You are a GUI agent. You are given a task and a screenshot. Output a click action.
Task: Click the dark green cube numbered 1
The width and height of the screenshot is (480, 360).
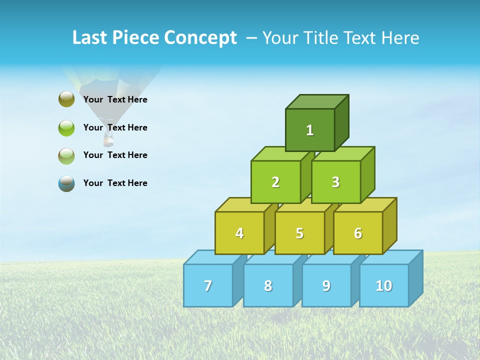(x=310, y=130)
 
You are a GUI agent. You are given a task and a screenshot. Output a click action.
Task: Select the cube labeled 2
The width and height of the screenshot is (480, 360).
(x=275, y=182)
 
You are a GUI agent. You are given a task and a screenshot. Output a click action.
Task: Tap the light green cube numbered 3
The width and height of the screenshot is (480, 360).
(x=335, y=182)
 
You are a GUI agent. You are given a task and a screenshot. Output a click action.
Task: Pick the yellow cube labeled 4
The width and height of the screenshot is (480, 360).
(x=239, y=233)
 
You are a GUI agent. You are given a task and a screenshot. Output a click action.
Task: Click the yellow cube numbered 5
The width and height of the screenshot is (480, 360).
(x=299, y=233)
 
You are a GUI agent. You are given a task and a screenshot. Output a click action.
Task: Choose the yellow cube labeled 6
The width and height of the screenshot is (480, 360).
(x=358, y=233)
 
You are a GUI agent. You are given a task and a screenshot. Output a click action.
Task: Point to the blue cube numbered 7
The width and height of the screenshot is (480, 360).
(x=208, y=285)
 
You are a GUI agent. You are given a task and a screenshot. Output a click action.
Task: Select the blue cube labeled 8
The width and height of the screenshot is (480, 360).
(x=268, y=285)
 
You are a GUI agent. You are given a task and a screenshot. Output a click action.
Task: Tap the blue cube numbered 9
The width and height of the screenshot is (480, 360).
(x=326, y=285)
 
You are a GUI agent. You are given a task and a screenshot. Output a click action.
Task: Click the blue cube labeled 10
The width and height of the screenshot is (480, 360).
(x=384, y=285)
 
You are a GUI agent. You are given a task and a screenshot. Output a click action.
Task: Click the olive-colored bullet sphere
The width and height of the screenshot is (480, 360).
(x=66, y=99)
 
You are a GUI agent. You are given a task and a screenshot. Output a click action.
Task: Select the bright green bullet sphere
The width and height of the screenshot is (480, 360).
(x=66, y=127)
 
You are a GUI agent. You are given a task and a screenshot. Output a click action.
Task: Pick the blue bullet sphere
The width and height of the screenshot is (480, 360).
(x=66, y=183)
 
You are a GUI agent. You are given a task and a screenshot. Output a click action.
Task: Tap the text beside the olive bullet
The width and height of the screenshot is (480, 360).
(x=115, y=99)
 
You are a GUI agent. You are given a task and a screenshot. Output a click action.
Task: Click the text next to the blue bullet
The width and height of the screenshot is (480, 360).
(x=115, y=183)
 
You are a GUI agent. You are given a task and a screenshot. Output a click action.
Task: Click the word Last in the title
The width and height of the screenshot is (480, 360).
(x=90, y=38)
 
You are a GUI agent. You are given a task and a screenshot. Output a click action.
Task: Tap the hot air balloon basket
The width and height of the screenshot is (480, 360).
(x=108, y=140)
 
